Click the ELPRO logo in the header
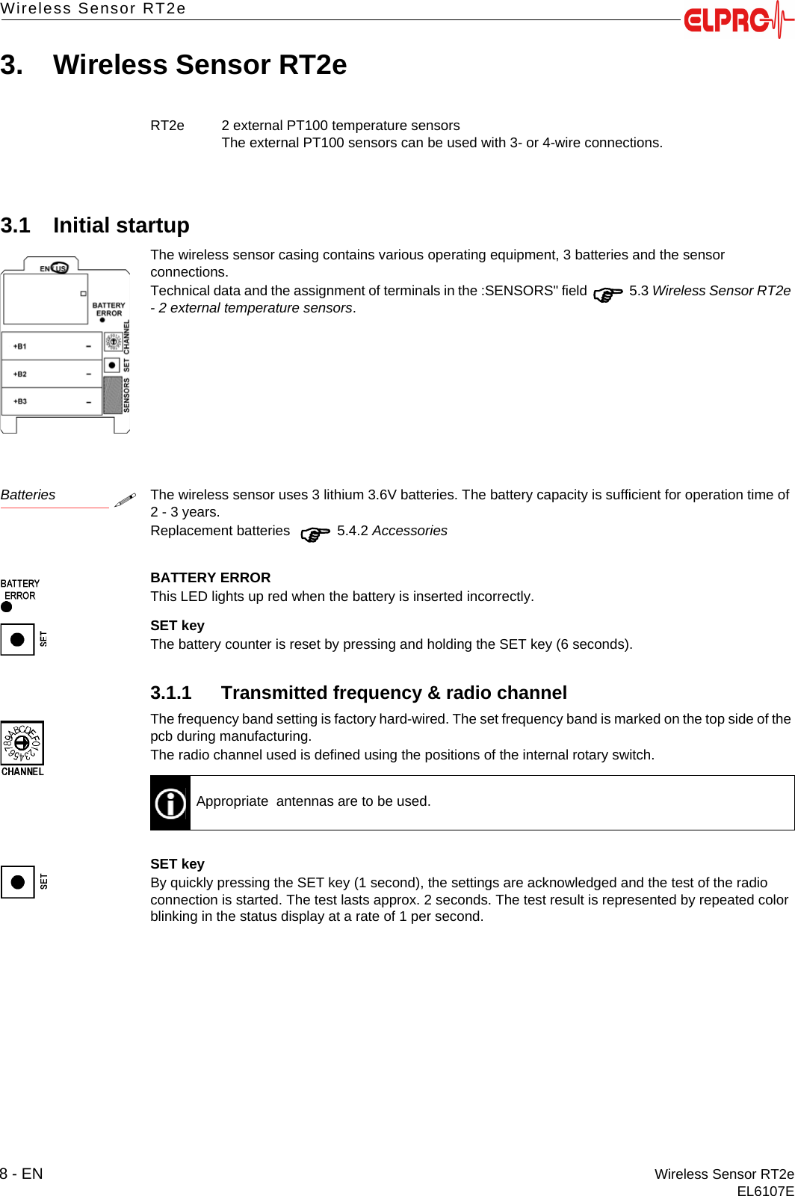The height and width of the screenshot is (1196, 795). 736,19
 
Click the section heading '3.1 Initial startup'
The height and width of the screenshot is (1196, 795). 95,225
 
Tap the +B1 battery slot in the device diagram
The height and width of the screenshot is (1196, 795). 52,346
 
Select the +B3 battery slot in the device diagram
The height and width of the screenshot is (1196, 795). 52,401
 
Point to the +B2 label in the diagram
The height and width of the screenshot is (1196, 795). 20,374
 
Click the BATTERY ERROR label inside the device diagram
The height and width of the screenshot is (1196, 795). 109,309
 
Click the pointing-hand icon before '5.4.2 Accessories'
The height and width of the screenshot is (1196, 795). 315,534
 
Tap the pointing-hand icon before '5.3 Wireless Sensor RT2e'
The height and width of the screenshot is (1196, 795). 607,295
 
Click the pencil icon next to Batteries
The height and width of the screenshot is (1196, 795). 125,499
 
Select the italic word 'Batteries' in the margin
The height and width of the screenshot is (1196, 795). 28,495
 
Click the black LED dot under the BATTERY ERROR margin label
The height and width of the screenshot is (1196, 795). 7,607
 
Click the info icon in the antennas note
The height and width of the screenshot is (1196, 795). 170,804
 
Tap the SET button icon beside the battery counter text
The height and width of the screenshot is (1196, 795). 18,639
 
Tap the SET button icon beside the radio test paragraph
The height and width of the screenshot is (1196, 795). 18,882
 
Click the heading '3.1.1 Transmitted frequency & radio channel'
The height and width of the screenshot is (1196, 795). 359,693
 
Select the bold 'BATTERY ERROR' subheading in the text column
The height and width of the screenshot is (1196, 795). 210,578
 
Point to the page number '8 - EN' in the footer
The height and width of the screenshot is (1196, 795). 22,1174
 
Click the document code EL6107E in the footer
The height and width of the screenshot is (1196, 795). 764,1191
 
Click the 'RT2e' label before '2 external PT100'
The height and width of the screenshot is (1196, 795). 167,126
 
